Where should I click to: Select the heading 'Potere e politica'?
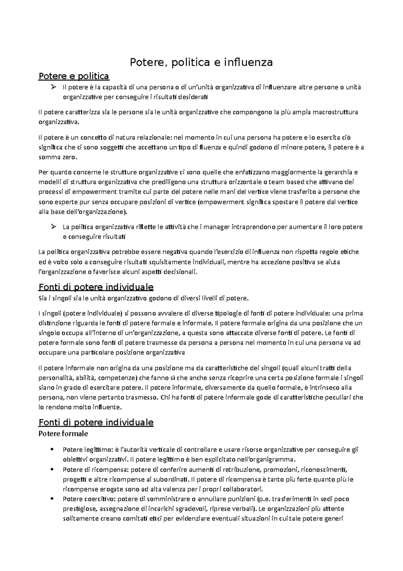click(74, 76)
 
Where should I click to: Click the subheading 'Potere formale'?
click(63, 434)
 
